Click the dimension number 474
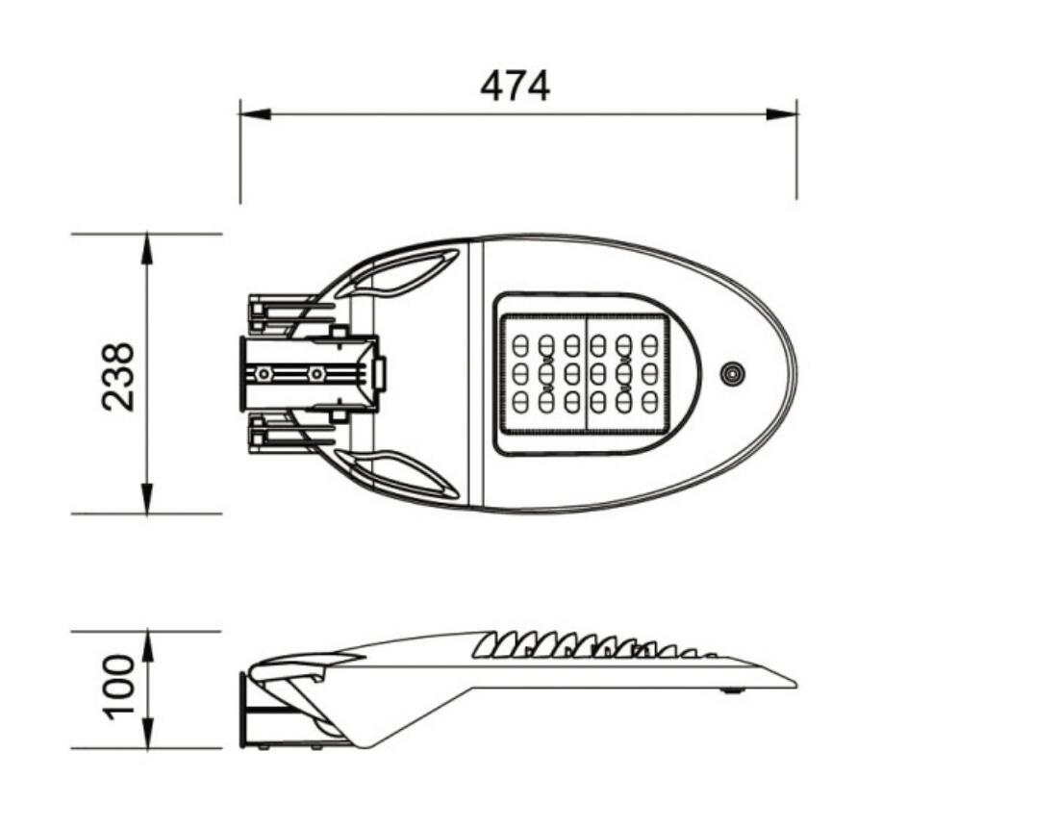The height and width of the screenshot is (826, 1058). [515, 86]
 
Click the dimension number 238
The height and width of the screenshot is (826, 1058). [118, 377]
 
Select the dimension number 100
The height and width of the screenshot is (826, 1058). [118, 687]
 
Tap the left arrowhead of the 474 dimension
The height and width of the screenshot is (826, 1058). [256, 114]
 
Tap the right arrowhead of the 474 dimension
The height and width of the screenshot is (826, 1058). [781, 114]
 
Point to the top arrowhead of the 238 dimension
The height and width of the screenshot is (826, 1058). [147, 249]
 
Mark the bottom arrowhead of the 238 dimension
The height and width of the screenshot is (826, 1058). [147, 498]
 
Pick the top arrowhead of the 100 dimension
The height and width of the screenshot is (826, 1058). [147, 646]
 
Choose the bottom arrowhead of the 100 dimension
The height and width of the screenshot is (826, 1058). [147, 733]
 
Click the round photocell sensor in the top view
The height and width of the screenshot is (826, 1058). [732, 373]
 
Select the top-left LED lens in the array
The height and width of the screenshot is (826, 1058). [520, 345]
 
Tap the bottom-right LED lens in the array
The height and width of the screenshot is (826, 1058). [649, 402]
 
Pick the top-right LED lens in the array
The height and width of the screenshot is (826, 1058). [649, 345]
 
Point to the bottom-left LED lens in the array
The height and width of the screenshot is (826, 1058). [520, 402]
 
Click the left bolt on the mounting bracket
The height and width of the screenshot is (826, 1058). [265, 373]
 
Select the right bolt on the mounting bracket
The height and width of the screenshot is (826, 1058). [315, 373]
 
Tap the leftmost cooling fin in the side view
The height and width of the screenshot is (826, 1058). [483, 646]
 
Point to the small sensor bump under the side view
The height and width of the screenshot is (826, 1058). [732, 690]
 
